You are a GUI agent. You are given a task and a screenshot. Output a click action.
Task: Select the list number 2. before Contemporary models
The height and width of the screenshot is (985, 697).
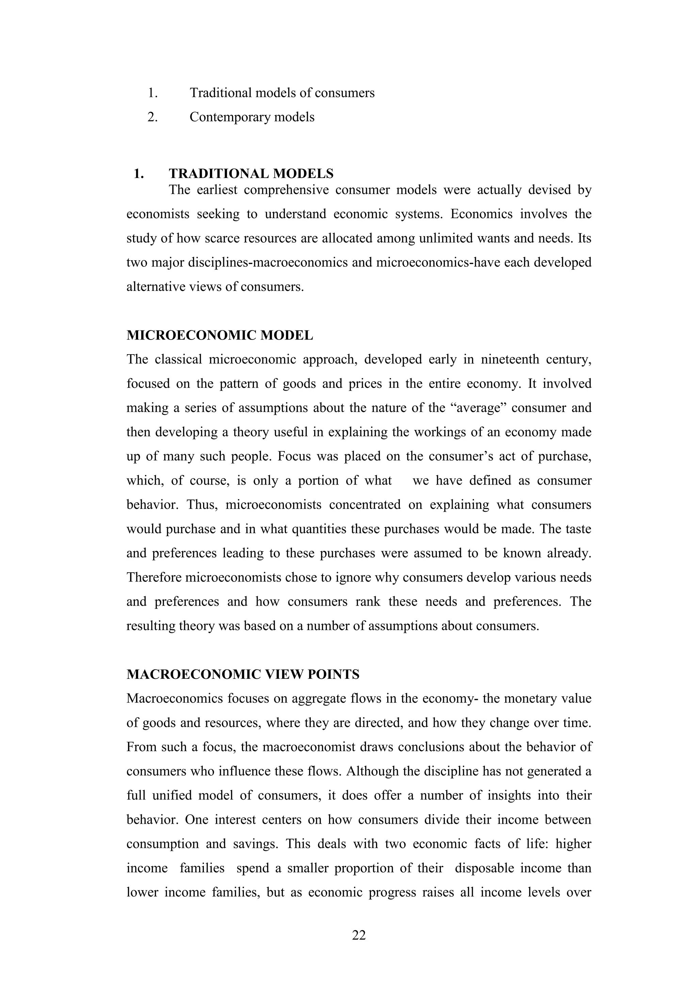coord(152,117)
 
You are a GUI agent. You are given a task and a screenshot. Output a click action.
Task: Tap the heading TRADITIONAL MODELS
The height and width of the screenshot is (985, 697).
coord(251,174)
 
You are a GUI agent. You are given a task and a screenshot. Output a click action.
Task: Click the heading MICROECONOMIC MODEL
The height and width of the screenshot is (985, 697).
coord(220,335)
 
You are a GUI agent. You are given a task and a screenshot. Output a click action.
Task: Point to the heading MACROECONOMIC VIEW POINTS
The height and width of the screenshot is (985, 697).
coord(243,675)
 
